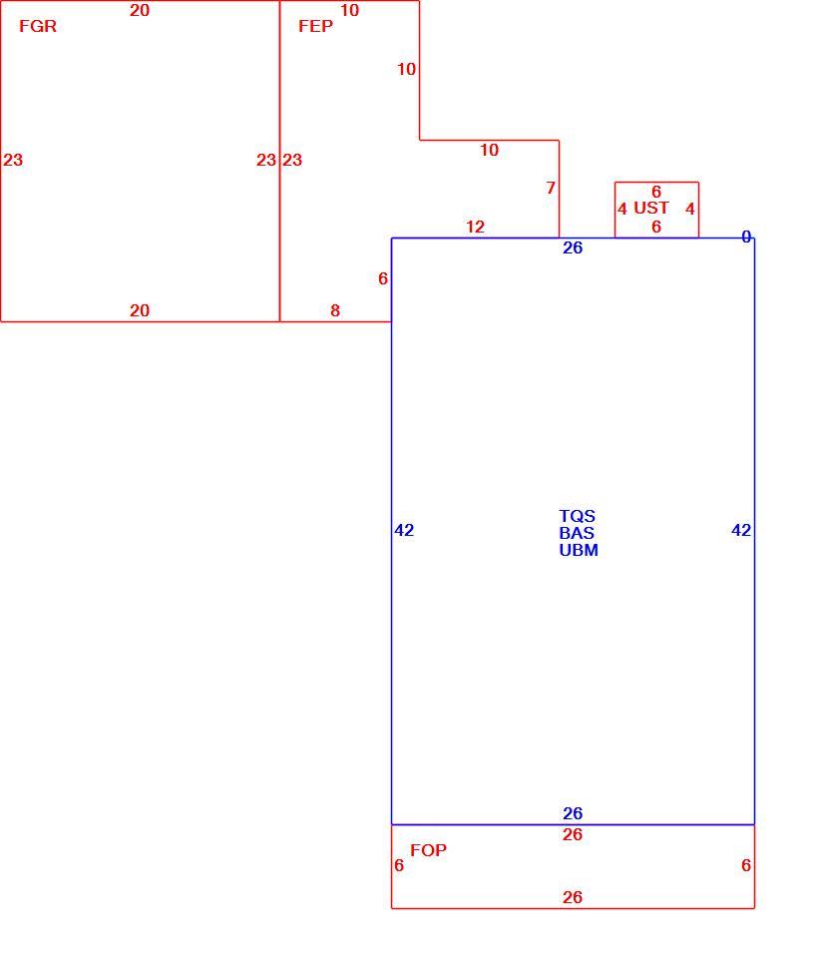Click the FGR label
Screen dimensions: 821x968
pos(38,26)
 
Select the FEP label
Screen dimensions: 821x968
pos(315,26)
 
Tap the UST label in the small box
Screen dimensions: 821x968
pos(651,208)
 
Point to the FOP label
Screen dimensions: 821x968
pos(428,850)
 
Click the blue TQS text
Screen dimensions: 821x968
pos(578,516)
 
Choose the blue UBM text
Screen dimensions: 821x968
pos(579,550)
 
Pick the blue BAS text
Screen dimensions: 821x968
pos(577,533)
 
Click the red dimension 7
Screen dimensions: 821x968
pos(551,188)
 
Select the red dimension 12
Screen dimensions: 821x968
pos(475,227)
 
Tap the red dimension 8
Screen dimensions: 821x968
pos(335,310)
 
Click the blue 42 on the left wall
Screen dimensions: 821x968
pos(404,530)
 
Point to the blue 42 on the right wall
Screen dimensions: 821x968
pos(741,530)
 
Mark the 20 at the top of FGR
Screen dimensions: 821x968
pos(140,10)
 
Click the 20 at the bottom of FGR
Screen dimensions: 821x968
pos(140,310)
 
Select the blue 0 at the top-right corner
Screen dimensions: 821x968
pos(746,237)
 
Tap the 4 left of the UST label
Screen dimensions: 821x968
pos(622,209)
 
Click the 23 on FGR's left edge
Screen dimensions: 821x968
pos(13,160)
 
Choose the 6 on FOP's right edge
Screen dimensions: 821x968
pos(746,865)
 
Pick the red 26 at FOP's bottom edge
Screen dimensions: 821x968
pos(573,897)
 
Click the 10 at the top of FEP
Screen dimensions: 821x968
pos(350,10)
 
